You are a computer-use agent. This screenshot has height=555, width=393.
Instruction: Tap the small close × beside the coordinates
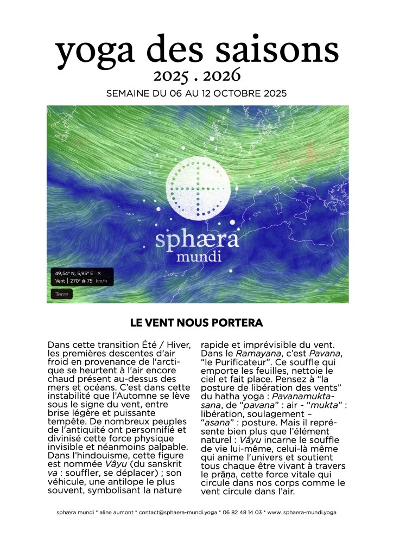99,273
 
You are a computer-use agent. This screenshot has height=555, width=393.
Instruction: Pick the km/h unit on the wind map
100,281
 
